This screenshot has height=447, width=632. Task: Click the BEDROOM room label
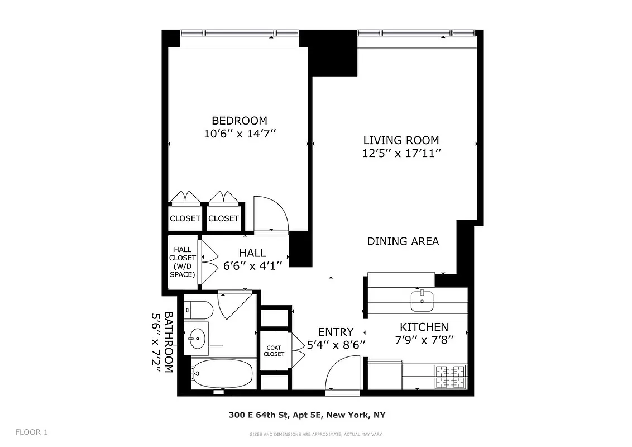[239, 120]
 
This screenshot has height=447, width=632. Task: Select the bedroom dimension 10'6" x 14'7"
[240, 134]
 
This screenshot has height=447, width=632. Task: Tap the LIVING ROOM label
[401, 140]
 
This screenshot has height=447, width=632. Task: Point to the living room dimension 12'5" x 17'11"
[401, 154]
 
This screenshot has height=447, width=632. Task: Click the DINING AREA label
[403, 241]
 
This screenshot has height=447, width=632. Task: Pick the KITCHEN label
[423, 327]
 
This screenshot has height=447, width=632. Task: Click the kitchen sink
[422, 301]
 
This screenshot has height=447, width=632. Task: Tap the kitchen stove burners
[450, 377]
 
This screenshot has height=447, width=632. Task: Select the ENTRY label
[336, 332]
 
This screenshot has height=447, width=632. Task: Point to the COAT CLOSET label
[274, 350]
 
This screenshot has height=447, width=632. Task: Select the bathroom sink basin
[197, 337]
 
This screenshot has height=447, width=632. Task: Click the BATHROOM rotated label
[162, 343]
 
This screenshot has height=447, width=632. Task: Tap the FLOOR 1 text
[32, 432]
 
